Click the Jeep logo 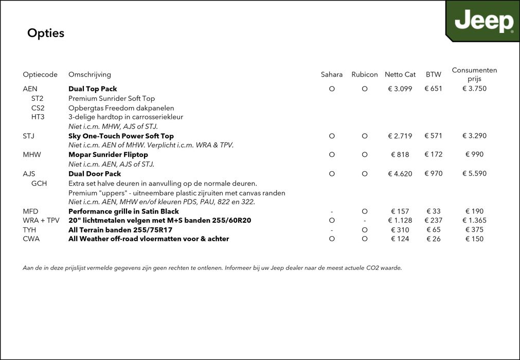pyautogui.click(x=483, y=22)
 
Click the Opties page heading pyautogui.click(x=46, y=33)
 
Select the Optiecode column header pyautogui.click(x=40, y=75)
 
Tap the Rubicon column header pyautogui.click(x=365, y=75)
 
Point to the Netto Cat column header pyautogui.click(x=400, y=75)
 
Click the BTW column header pyautogui.click(x=434, y=75)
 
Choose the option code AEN pyautogui.click(x=30, y=89)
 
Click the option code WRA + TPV pyautogui.click(x=41, y=221)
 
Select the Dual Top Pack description pyautogui.click(x=93, y=89)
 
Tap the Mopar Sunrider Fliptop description pyautogui.click(x=108, y=155)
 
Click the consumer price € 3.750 pyautogui.click(x=474, y=88)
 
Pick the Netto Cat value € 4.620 pyautogui.click(x=400, y=174)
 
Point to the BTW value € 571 pyautogui.click(x=434, y=136)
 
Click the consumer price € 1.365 pyautogui.click(x=474, y=221)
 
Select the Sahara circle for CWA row pyautogui.click(x=332, y=239)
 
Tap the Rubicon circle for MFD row pyautogui.click(x=365, y=211)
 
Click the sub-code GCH pyautogui.click(x=39, y=183)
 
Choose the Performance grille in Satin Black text pyautogui.click(x=123, y=211)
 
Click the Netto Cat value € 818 pyautogui.click(x=400, y=155)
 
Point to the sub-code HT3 pyautogui.click(x=38, y=117)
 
